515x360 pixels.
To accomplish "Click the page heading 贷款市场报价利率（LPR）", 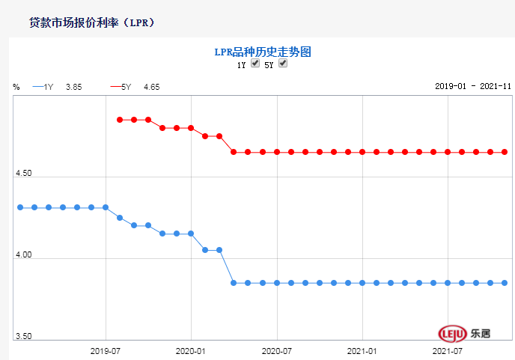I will [x=91, y=22].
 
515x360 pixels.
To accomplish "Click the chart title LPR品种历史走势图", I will [x=262, y=52].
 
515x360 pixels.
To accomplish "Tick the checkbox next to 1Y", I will [x=255, y=64].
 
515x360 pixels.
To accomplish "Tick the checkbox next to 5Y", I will [x=283, y=64].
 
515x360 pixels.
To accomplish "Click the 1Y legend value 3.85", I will [x=73, y=87].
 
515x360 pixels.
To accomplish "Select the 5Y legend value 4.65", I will [x=151, y=87].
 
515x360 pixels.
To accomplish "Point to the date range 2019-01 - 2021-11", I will [x=472, y=87].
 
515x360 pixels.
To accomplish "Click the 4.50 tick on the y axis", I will [x=24, y=174].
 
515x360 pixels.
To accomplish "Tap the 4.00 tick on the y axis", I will [x=24, y=255].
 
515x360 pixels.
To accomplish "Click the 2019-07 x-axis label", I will [x=106, y=350].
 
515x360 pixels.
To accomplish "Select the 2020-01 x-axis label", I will [x=191, y=350].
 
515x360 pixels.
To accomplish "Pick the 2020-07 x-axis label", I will [x=277, y=350].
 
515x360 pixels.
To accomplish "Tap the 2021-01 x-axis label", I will [x=362, y=350].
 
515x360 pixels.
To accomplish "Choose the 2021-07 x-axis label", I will [x=448, y=350].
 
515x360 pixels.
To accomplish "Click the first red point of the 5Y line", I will [x=120, y=120].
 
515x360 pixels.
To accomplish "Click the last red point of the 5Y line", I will [x=505, y=152].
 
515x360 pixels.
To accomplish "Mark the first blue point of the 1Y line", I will [x=20, y=207].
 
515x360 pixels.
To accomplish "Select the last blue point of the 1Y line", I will [x=505, y=283].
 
